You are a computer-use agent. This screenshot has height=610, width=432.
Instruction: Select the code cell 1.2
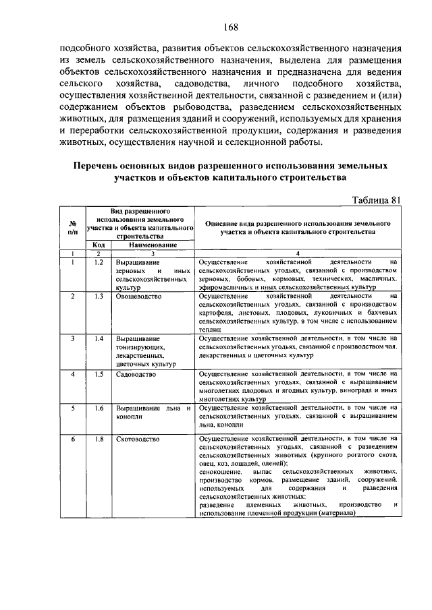coord(98,262)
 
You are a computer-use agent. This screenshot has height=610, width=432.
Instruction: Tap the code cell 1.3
coord(98,296)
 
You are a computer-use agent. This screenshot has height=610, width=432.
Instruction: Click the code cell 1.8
coord(98,439)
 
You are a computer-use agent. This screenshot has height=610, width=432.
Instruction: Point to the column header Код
coord(98,245)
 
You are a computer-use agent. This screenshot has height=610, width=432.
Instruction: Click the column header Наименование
coord(153,245)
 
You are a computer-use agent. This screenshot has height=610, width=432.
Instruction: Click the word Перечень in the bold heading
coord(101,166)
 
